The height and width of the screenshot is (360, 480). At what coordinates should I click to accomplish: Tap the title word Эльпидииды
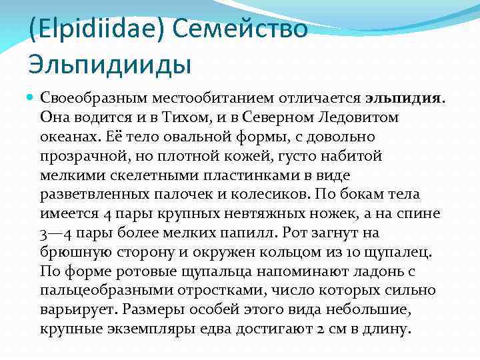(111, 65)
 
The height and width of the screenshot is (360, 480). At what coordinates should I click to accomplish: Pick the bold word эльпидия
(403, 98)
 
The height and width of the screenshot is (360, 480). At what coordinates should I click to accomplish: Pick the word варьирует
(77, 311)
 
